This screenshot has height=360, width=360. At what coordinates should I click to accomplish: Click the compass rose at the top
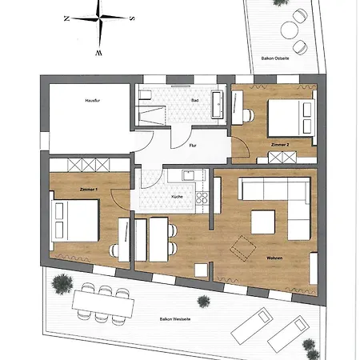99,18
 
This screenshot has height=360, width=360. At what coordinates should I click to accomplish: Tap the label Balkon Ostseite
275,58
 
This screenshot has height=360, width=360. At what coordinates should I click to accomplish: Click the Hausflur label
93,101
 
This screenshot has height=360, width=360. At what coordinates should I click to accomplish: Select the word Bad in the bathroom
195,100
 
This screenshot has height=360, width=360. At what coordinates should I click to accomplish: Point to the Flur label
193,146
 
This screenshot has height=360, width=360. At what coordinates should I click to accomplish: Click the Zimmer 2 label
280,145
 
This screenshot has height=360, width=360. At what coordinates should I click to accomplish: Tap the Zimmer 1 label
89,190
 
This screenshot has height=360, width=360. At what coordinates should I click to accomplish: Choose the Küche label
177,197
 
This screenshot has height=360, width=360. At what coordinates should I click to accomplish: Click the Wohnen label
274,258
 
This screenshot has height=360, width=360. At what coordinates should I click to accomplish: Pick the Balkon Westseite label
175,319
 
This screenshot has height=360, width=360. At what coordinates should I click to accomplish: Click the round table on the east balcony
290,30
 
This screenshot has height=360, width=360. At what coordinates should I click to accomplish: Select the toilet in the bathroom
145,94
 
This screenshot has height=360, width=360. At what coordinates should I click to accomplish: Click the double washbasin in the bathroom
217,105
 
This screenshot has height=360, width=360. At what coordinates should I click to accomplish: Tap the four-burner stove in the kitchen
202,198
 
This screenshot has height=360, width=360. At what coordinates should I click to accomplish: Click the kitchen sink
189,175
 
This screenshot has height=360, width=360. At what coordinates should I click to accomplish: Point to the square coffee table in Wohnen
263,222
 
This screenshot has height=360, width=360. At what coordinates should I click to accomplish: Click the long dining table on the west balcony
103,303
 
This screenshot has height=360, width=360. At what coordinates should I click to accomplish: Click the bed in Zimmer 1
74,221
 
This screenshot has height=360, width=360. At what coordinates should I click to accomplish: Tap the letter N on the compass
67,18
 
